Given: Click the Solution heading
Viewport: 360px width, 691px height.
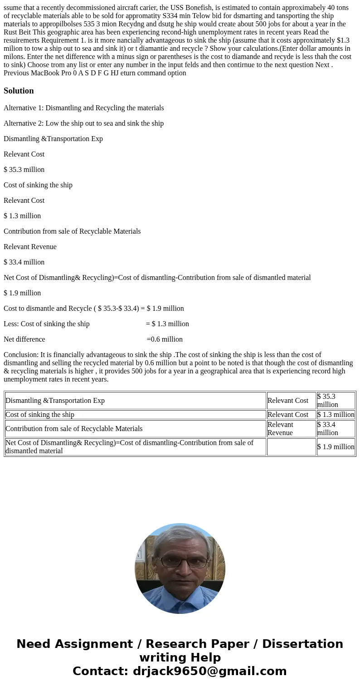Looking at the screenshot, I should [x=19, y=91].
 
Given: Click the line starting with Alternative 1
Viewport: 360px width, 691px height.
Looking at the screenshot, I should [x=84, y=108].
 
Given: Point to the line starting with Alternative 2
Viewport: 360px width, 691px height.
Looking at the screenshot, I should [x=84, y=123].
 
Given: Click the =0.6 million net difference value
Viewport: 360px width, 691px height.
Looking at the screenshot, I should [x=165, y=339].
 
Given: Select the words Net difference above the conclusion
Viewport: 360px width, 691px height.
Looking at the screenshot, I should [x=24, y=339].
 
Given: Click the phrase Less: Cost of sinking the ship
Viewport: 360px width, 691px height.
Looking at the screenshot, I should [x=47, y=324].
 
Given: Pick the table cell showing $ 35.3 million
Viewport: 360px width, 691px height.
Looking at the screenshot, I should [x=336, y=401].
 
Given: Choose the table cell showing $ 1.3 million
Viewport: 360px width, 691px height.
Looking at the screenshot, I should [x=336, y=415].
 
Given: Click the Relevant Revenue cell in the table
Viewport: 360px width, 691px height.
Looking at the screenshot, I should [x=291, y=429].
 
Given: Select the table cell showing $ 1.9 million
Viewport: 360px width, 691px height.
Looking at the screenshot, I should [x=336, y=447].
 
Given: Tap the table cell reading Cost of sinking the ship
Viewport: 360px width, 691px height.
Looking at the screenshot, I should [x=40, y=415].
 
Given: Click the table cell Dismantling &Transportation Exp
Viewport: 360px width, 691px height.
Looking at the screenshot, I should [x=55, y=401].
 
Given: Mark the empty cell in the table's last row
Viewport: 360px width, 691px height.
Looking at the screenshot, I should [x=291, y=447].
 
